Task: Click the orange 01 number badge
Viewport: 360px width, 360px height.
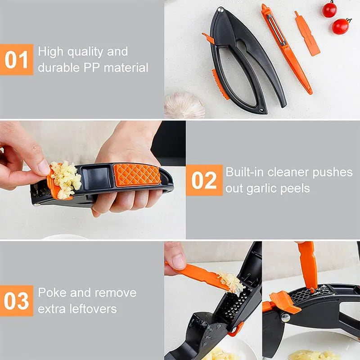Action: point(17,59)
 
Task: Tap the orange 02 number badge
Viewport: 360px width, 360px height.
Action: point(204,180)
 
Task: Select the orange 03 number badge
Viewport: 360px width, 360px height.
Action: point(17,300)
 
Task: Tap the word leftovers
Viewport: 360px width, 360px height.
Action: point(94,309)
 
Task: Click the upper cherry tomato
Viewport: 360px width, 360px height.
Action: point(329,9)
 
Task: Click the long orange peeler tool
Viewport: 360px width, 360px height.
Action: point(285,49)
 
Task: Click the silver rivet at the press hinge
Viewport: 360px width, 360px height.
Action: point(220,9)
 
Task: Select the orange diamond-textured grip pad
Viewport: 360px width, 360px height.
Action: point(137,175)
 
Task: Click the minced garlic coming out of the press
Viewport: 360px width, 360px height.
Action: point(66,179)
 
